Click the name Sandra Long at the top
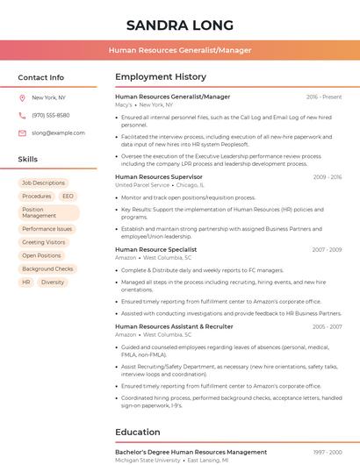[180, 25]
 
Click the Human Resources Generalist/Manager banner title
[180, 50]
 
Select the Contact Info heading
[40, 77]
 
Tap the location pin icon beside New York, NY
[22, 98]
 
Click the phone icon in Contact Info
[22, 115]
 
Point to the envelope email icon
[22, 133]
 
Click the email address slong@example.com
[58, 133]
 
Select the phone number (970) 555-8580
[50, 115]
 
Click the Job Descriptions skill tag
[44, 183]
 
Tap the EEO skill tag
[68, 197]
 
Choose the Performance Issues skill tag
[47, 229]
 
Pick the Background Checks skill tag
[47, 269]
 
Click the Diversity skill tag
[53, 283]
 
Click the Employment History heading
[161, 77]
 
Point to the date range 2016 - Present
[324, 97]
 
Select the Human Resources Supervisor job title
[159, 177]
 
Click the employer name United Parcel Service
[141, 186]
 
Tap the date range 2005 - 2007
[327, 326]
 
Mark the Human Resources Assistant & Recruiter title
[174, 326]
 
